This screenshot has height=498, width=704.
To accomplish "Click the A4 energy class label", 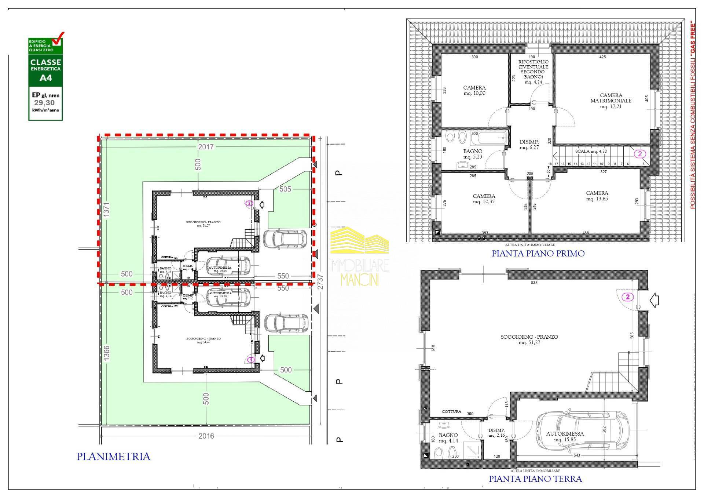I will coord(45,78).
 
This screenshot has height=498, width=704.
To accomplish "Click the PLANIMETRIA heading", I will coord(113,457).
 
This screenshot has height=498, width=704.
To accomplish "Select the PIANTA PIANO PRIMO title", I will coord(538,253).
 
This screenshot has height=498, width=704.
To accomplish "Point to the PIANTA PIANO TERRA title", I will coord(535,479).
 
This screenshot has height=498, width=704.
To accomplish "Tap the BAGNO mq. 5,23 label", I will coord(473,154).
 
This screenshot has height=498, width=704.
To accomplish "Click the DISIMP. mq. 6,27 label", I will coord(529,145).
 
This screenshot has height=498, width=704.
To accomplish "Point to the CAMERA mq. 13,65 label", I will coord(597,196).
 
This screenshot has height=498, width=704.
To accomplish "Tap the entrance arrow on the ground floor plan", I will coord(654,301).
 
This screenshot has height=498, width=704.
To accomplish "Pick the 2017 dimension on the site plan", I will coord(206,147).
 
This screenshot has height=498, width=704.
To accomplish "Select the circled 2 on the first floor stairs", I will coord(640,154).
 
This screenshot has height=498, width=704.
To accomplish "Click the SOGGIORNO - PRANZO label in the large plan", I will coord(529,339).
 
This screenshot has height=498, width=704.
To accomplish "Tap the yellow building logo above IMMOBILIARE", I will coord(359,240).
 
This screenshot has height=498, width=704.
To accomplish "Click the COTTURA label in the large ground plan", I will coord(451,411).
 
